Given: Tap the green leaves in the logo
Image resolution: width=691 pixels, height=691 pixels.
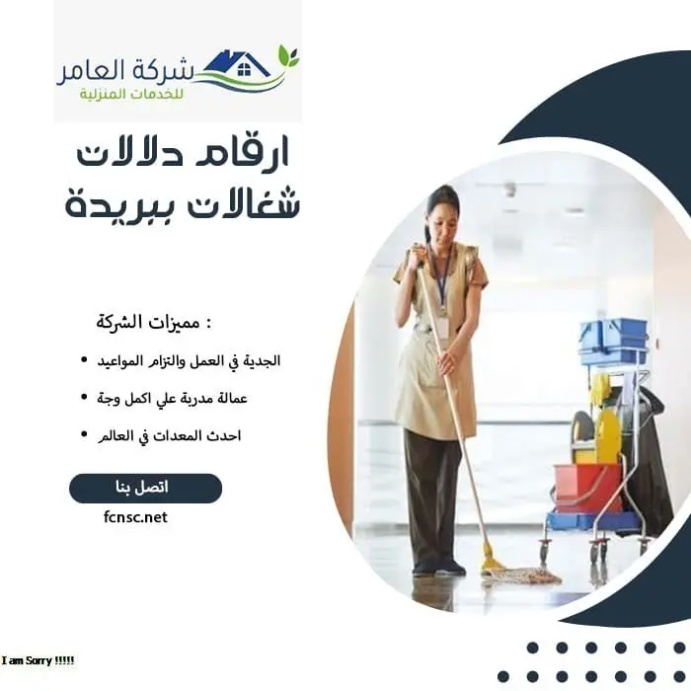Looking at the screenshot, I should [287, 55].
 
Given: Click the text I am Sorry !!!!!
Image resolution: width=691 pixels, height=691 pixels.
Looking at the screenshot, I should [38, 659].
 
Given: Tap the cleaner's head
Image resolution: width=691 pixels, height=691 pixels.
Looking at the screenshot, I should [442, 206].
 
